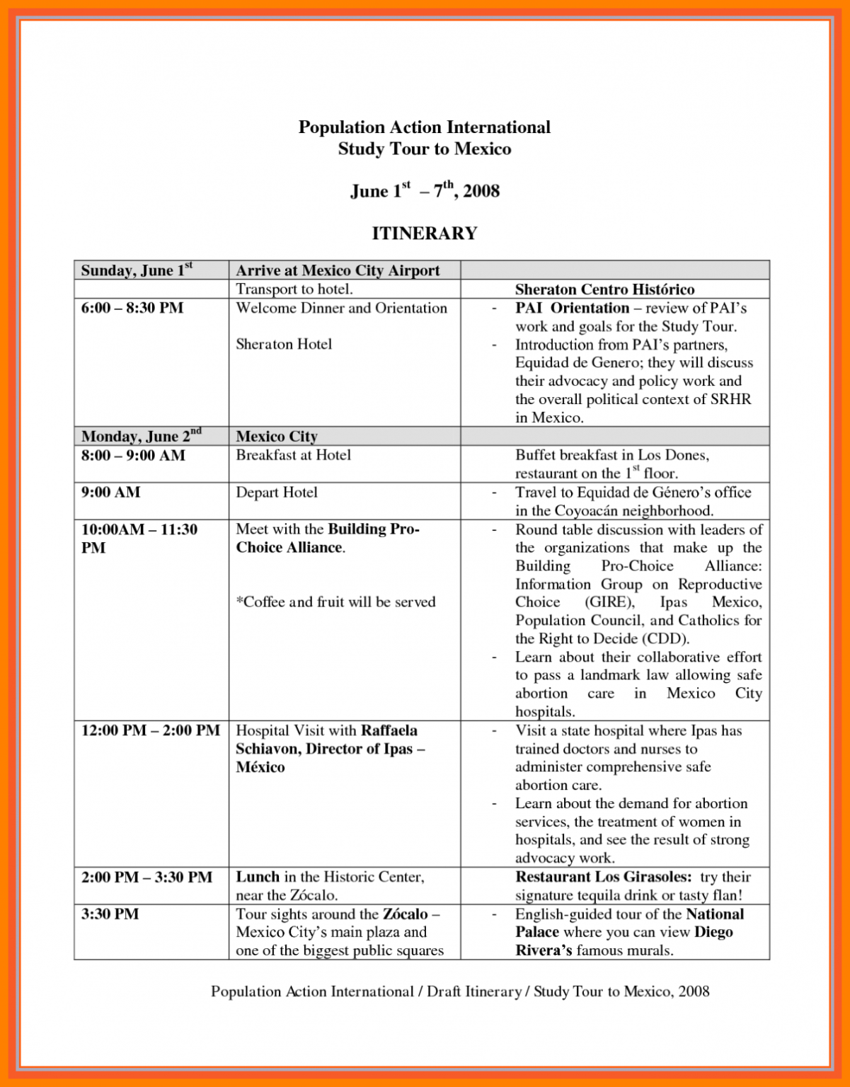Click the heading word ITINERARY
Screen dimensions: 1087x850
pos(424,233)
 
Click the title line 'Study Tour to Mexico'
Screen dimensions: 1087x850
pos(424,149)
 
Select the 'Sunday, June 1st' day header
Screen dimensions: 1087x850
pos(137,270)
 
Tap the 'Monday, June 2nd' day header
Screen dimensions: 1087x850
pos(141,436)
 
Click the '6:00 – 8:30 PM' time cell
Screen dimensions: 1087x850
pos(132,308)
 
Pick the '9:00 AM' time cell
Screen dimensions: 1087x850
pos(111,492)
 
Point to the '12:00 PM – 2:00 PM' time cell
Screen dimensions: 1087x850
pos(150,730)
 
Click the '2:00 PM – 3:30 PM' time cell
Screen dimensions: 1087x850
pos(147,877)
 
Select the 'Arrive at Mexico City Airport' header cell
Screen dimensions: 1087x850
pos(338,270)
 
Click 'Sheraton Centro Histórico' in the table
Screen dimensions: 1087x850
pos(604,289)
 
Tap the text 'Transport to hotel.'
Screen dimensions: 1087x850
pos(294,289)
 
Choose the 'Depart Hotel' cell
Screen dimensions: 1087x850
pos(277,492)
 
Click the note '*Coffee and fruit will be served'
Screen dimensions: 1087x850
pos(335,602)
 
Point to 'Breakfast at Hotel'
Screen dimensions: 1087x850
pos(293,455)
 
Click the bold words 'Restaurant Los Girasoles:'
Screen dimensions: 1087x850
pos(603,877)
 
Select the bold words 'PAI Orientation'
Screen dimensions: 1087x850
pos(572,308)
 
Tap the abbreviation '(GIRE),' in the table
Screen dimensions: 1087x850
pos(609,602)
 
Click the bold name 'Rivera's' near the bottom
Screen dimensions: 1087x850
pos(543,950)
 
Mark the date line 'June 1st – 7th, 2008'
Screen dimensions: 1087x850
pos(425,191)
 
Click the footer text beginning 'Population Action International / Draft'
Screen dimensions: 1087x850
pos(459,991)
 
